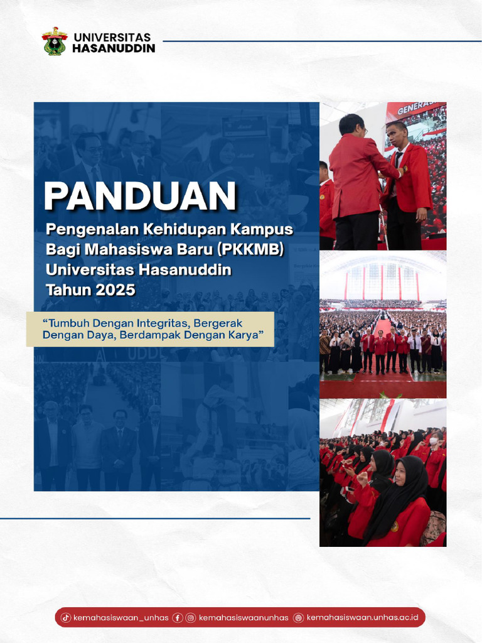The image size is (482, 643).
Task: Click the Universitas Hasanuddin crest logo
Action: click(x=55, y=41)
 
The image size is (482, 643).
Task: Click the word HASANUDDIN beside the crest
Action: click(x=114, y=48)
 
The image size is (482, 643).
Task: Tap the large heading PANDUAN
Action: click(x=140, y=197)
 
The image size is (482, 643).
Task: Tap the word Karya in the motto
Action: click(x=254, y=335)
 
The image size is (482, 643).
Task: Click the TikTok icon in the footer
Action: click(x=65, y=618)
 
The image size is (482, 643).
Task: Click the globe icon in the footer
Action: click(x=299, y=618)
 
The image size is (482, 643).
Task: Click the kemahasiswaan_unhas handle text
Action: click(x=120, y=618)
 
